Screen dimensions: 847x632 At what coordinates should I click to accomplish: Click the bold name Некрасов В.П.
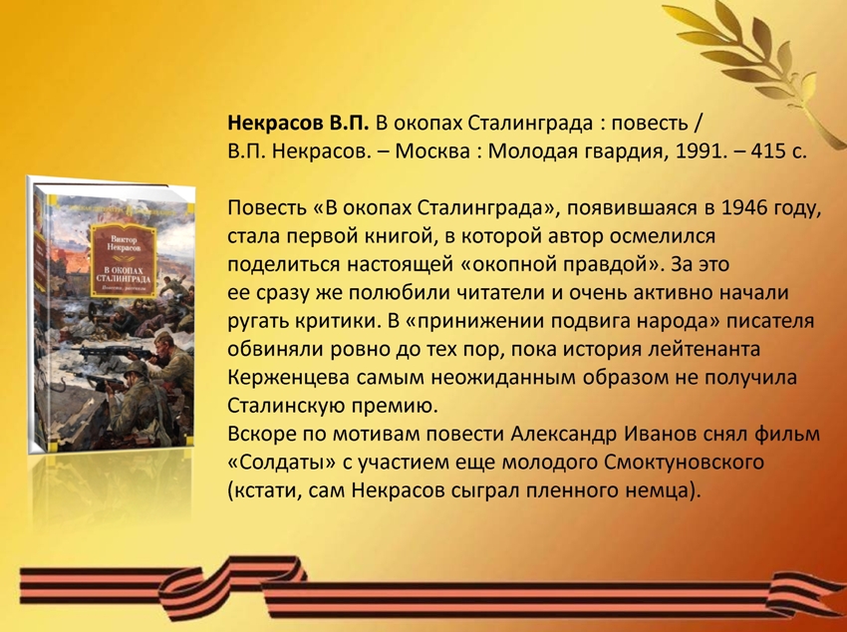click(298, 124)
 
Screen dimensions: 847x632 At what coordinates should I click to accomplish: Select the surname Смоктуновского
click(685, 463)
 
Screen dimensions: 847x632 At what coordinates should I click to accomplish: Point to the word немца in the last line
click(663, 491)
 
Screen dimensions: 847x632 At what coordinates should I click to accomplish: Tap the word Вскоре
click(259, 435)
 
